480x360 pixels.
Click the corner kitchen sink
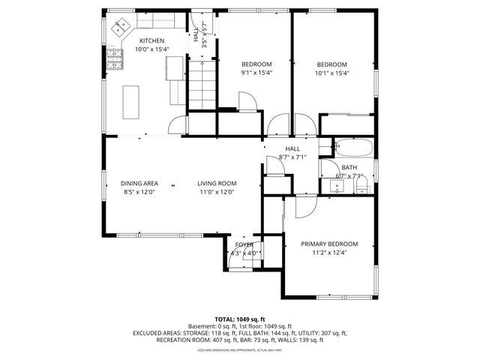tap(120, 28)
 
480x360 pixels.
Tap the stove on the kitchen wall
tap(113, 57)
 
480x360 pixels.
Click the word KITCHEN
tap(151, 40)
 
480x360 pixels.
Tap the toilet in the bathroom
tap(361, 187)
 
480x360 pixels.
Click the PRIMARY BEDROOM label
tap(329, 244)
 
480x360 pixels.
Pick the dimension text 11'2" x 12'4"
tap(329, 253)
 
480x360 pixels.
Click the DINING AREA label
tap(139, 183)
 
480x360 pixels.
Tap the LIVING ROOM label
tap(217, 183)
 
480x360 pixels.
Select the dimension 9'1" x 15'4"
tap(256, 73)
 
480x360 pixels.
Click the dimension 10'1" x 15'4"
tap(331, 73)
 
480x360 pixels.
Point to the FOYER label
tap(244, 244)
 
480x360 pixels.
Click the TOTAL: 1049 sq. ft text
tap(240, 319)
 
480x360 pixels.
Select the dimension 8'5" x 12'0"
tap(139, 192)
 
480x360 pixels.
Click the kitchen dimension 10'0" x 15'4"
tap(151, 49)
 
